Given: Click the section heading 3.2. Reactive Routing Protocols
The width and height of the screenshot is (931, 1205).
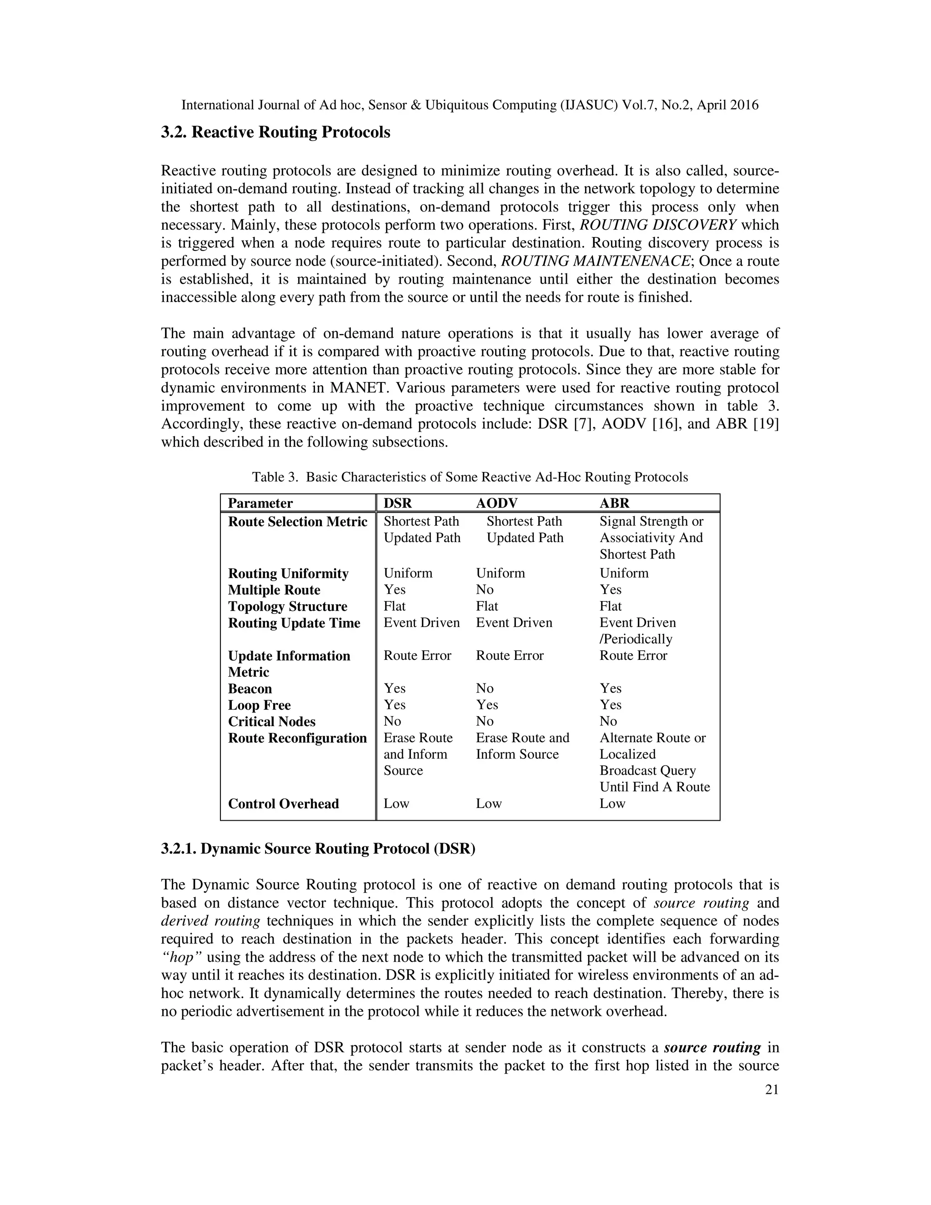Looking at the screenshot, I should (275, 133).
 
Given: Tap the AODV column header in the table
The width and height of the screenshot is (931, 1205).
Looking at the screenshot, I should (496, 503).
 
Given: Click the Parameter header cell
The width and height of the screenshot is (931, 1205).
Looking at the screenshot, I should (260, 503).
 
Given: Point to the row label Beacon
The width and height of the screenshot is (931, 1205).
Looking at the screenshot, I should (250, 688).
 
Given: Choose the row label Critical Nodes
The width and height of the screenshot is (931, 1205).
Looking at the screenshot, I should (271, 722).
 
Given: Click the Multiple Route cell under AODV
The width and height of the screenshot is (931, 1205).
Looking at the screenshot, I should (484, 589).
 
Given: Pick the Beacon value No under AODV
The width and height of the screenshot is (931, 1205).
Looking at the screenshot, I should (484, 688).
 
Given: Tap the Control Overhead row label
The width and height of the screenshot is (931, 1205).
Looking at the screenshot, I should (283, 803).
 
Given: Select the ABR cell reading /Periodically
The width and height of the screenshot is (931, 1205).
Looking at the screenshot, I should (636, 639).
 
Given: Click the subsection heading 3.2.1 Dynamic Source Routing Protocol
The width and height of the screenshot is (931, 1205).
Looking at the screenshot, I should (318, 849).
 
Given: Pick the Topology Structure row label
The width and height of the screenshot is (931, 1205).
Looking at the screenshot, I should (287, 606).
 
